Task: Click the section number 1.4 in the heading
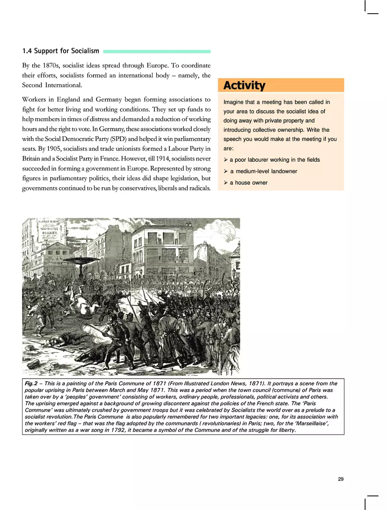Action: [27, 52]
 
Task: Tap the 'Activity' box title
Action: [244, 85]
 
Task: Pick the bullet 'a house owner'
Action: [248, 182]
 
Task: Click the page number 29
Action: [340, 479]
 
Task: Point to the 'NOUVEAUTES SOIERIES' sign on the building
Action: [51, 233]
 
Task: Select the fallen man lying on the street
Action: [66, 339]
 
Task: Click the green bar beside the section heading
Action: [157, 52]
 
